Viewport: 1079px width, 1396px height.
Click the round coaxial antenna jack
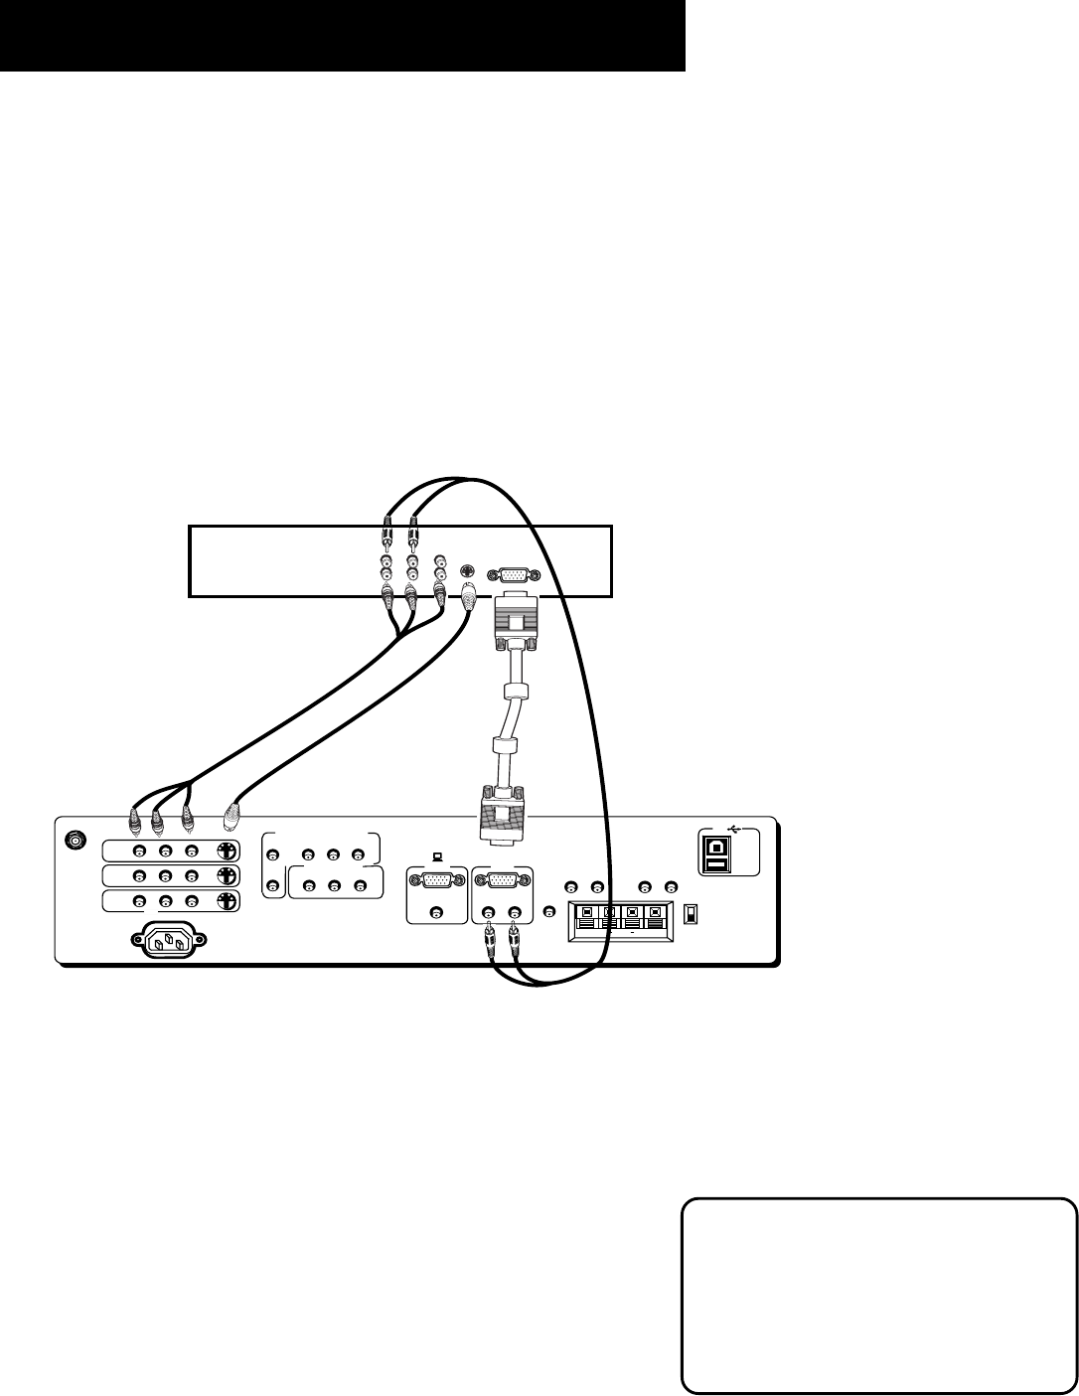pos(74,841)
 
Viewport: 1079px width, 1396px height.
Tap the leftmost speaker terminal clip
pos(587,911)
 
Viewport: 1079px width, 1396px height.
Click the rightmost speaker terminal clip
pos(654,911)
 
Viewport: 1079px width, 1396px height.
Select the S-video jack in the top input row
pos(228,852)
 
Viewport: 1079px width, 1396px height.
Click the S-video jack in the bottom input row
pos(228,901)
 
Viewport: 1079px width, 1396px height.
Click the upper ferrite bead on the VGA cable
pos(514,691)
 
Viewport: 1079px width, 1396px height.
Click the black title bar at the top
pos(343,36)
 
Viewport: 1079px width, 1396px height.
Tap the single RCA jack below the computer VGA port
pos(435,913)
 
